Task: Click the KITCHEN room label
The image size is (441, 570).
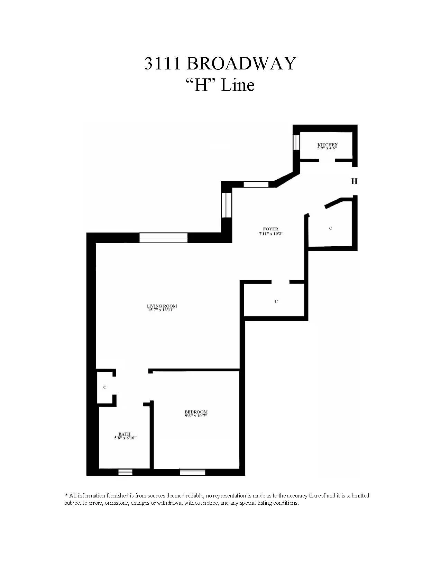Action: [327, 145]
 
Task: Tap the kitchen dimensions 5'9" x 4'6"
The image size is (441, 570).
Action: [327, 148]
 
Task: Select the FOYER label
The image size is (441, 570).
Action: [270, 229]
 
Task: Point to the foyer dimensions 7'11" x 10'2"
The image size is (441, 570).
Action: [271, 234]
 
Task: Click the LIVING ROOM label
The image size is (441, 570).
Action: [162, 306]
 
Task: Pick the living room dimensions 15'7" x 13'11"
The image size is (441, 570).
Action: [162, 310]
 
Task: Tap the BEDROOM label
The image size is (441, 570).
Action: [196, 412]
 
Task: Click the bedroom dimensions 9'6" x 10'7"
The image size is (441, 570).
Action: [196, 416]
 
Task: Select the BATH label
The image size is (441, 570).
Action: [125, 434]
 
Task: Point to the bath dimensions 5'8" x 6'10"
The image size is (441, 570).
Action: [125, 438]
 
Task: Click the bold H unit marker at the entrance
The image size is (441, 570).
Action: [354, 181]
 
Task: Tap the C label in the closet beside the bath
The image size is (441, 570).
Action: [105, 387]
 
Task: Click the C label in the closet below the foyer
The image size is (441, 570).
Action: [276, 302]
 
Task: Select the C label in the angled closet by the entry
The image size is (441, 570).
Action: [331, 228]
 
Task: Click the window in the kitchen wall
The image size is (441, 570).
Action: [296, 142]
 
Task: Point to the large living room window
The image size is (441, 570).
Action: [163, 238]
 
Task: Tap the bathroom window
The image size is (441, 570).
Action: [125, 472]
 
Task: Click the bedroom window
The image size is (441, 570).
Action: [192, 472]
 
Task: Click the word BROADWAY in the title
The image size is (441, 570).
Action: [241, 64]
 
